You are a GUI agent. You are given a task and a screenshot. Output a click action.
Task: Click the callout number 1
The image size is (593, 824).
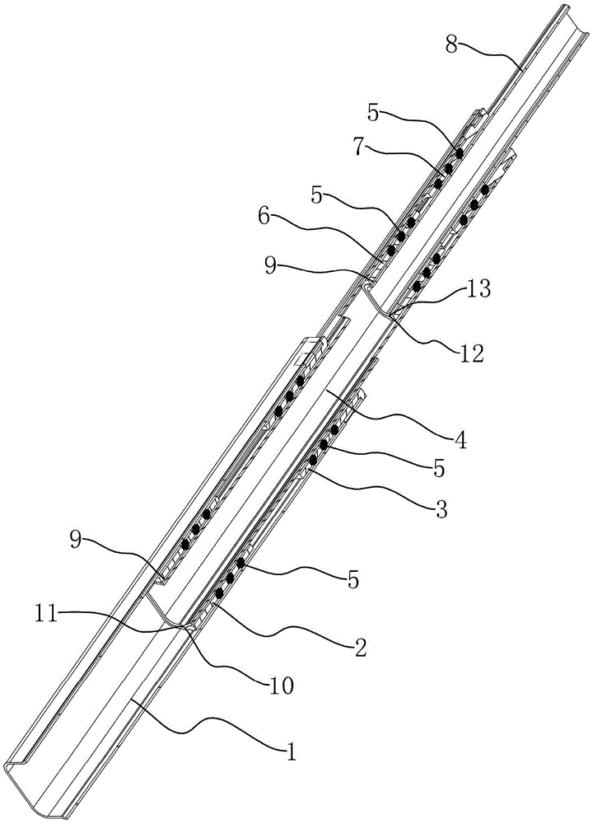pyautogui.click(x=290, y=754)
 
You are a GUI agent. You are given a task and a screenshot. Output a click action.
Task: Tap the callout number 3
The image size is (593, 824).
pyautogui.click(x=441, y=508)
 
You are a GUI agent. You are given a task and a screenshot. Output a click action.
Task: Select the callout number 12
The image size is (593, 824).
pyautogui.click(x=470, y=353)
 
